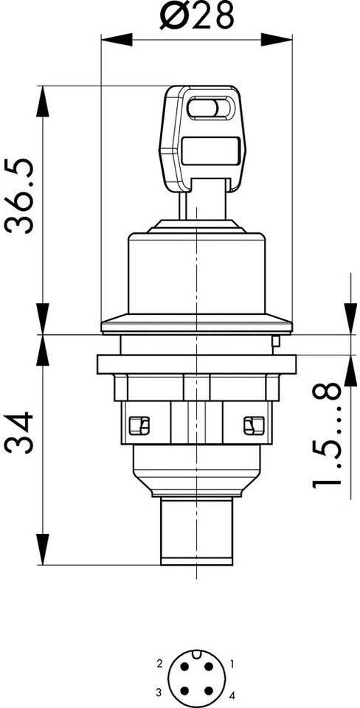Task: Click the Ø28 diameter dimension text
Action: coord(197,15)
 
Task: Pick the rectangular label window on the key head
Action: coord(210,150)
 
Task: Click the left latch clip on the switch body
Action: coord(139,426)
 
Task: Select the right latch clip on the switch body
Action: coord(254,426)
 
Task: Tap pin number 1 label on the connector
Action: coord(232,664)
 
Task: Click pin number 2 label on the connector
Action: coord(159,664)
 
